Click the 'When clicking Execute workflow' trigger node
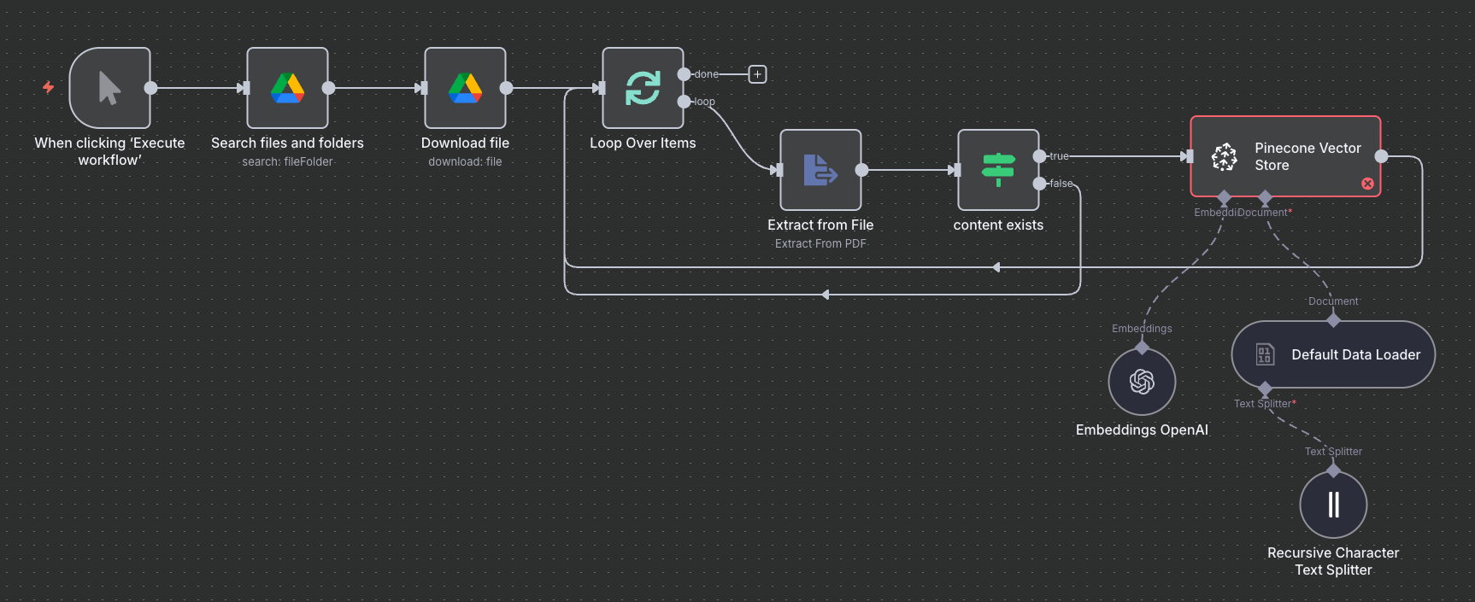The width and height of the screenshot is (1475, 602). pyautogui.click(x=109, y=88)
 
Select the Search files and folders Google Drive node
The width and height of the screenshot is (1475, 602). pyautogui.click(x=287, y=88)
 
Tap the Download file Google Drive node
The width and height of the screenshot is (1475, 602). pyautogui.click(x=465, y=88)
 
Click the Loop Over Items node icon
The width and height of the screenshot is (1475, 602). pyautogui.click(x=643, y=88)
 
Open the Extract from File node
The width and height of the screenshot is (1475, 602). pyautogui.click(x=820, y=170)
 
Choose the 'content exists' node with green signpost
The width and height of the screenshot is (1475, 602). pyautogui.click(x=998, y=170)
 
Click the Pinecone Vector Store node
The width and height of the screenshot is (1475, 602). pyautogui.click(x=1285, y=156)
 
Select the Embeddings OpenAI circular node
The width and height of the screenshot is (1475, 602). pyautogui.click(x=1142, y=382)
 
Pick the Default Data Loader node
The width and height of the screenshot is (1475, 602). pyautogui.click(x=1333, y=354)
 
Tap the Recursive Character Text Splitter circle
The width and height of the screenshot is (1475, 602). pyautogui.click(x=1333, y=505)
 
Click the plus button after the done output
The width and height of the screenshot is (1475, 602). pyautogui.click(x=757, y=74)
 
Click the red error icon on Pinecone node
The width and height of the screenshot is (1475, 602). pyautogui.click(x=1367, y=184)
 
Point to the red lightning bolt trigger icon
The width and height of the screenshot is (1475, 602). pyautogui.click(x=48, y=87)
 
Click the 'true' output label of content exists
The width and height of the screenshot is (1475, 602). pyautogui.click(x=1059, y=156)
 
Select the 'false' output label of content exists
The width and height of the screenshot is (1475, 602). pyautogui.click(x=1061, y=184)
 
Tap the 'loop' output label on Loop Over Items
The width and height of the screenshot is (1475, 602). pyautogui.click(x=704, y=102)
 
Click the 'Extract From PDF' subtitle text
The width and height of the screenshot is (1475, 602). pyautogui.click(x=820, y=243)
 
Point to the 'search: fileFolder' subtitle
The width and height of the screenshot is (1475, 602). pyautogui.click(x=287, y=161)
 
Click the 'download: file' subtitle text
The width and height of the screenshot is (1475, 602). pyautogui.click(x=465, y=161)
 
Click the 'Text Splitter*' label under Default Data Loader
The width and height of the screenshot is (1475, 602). pyautogui.click(x=1264, y=404)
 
